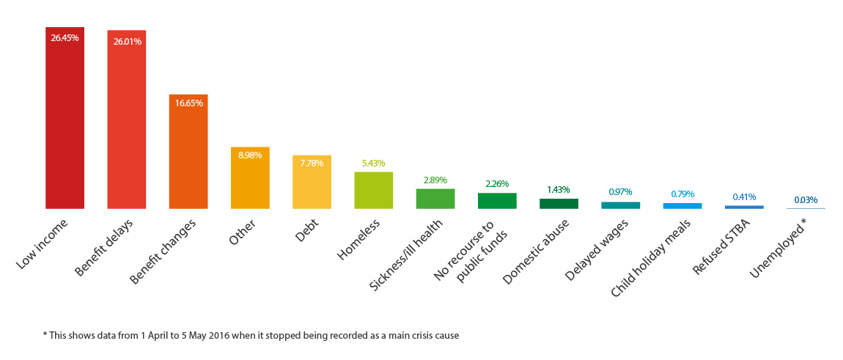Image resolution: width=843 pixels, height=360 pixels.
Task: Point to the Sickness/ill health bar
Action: [x=435, y=199]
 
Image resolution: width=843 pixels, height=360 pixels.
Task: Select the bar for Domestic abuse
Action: [x=559, y=204]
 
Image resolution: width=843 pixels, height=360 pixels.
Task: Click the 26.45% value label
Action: [x=65, y=37]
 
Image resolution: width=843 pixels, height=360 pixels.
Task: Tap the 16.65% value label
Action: [x=188, y=103]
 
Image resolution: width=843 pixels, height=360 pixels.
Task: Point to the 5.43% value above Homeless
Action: [x=373, y=163]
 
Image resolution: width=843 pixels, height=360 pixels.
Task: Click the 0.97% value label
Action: [x=620, y=192]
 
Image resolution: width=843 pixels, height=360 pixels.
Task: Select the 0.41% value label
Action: [x=744, y=196]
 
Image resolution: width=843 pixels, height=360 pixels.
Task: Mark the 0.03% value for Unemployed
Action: [x=806, y=199]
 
